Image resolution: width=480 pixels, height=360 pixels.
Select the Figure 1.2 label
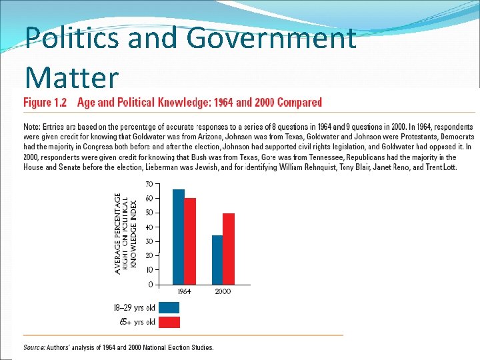[46, 103]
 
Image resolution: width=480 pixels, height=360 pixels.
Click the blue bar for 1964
[178, 237]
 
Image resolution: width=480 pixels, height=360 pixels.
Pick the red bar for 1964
[190, 241]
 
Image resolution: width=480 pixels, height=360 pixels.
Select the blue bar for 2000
[217, 260]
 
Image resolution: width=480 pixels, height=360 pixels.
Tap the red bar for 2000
[229, 249]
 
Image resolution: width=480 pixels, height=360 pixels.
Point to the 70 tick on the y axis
[149, 183]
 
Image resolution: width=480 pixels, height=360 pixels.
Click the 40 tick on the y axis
[149, 227]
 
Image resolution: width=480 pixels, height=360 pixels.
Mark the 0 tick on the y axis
[151, 285]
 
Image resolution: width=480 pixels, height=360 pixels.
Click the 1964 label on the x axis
[184, 292]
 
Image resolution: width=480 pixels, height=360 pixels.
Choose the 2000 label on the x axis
[223, 292]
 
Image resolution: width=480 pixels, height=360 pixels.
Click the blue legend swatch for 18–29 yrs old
[169, 308]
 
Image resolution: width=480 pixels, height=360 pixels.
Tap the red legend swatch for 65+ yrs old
[169, 323]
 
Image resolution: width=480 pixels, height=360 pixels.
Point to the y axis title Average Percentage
[118, 233]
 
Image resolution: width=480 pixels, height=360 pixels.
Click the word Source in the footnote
[34, 347]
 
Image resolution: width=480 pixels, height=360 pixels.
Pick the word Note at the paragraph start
[31, 127]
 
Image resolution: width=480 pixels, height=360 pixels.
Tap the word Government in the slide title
[271, 39]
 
